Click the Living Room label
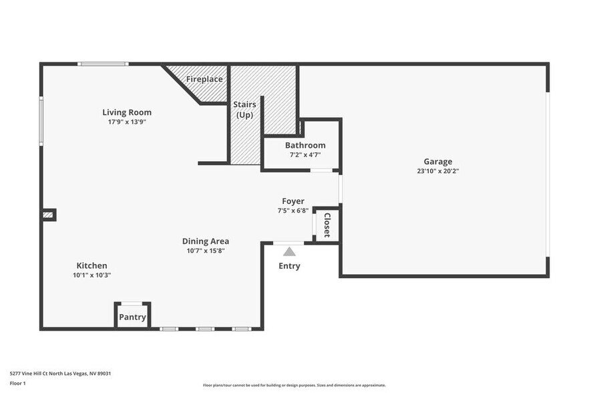pos(127,112)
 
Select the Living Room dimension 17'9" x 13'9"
pos(127,122)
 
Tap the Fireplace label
pos(204,79)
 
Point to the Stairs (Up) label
pos(244,110)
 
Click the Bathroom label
pos(305,145)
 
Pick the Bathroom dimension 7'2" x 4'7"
pos(305,154)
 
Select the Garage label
pos(437,161)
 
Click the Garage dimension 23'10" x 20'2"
pos(437,170)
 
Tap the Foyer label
pos(293,201)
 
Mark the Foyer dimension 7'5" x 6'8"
pos(293,211)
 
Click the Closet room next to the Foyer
pos(327,225)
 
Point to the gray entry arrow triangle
pos(289,252)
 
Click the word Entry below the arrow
pos(289,266)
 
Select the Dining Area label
pos(206,241)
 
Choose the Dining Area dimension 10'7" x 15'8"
pos(206,251)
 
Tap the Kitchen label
pos(91,265)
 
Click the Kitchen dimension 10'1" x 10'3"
pos(91,275)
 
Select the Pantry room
pos(132,317)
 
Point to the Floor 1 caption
pos(18,383)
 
